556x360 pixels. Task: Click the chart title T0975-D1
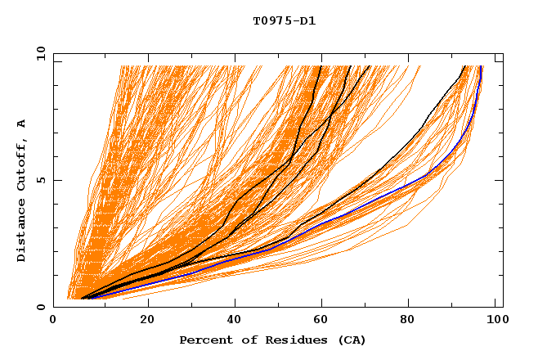point(285,21)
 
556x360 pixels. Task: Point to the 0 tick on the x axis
point(54,322)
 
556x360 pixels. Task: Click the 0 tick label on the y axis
point(41,307)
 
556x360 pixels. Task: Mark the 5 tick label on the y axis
point(41,180)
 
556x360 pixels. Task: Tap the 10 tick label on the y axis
point(38,53)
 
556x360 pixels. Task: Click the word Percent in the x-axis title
point(204,340)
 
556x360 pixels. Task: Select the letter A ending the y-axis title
point(22,124)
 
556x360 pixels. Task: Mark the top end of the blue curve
point(481,67)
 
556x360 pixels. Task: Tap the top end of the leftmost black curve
point(321,66)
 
